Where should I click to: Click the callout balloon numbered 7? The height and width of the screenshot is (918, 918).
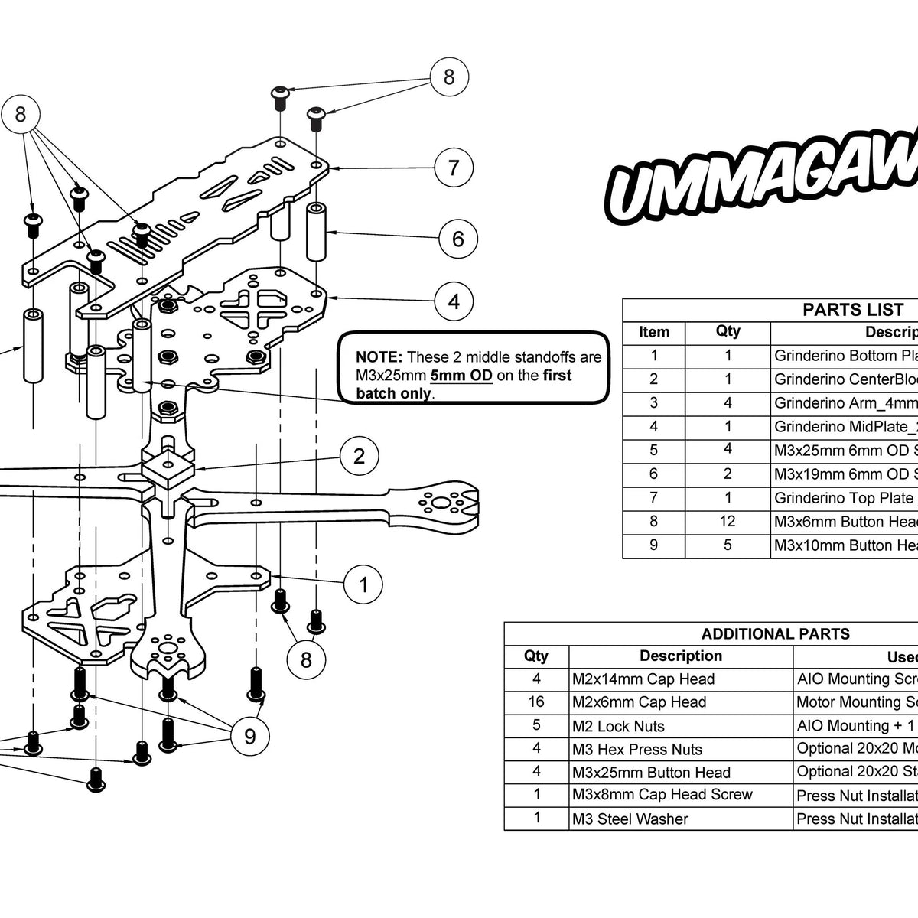[454, 168]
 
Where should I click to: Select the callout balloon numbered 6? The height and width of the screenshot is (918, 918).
[457, 239]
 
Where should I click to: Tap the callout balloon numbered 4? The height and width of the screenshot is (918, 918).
[454, 301]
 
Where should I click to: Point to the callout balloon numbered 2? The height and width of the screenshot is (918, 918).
[359, 457]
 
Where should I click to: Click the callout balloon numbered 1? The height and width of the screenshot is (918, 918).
[363, 585]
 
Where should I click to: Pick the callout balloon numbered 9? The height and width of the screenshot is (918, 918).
[249, 736]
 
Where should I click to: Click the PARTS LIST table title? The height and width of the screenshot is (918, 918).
[852, 310]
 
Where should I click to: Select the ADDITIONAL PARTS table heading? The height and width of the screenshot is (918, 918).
[775, 633]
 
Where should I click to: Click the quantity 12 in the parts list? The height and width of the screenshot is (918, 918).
[728, 522]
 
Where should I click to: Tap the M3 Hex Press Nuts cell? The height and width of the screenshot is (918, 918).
[636, 750]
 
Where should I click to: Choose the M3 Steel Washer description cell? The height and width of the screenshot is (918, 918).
[630, 819]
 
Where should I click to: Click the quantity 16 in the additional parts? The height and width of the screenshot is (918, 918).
[535, 702]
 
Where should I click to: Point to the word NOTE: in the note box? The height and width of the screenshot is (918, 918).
[379, 357]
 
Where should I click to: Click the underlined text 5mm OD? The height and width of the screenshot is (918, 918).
[461, 376]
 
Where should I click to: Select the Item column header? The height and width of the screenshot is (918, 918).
[654, 332]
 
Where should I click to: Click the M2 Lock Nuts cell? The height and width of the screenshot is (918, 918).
[618, 726]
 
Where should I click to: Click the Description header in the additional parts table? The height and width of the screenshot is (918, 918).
[680, 656]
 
